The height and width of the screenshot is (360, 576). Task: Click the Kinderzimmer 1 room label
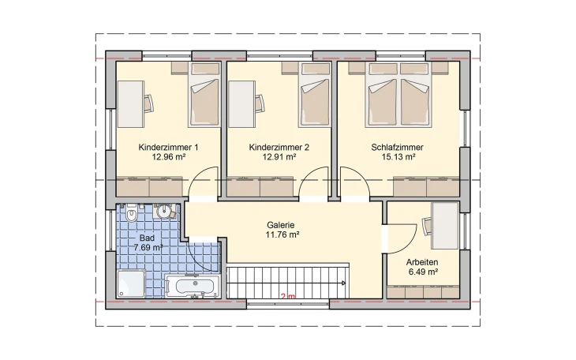pos(168,148)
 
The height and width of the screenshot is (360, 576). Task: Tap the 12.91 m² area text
pos(279,157)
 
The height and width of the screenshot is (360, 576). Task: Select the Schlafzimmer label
pos(397,148)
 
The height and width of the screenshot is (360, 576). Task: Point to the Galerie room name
pos(281,225)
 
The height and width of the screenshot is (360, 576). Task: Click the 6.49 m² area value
pos(423,272)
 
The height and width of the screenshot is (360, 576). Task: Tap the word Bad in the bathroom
pos(147,238)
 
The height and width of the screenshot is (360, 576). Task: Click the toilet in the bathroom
pos(131,213)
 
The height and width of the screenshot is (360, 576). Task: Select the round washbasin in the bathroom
pos(164,212)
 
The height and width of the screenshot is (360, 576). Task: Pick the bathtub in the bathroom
pos(193,286)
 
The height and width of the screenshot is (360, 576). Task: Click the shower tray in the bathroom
pos(131,283)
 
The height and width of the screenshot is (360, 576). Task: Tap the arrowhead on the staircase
pos(343,283)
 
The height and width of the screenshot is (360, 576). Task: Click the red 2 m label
pos(288,296)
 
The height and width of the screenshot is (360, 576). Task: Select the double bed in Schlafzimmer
pos(398,95)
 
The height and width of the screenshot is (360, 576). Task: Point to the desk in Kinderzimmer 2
pos(241,104)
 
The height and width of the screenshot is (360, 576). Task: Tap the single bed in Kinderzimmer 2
pos(314,95)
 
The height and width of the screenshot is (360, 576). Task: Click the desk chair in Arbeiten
pos(427,226)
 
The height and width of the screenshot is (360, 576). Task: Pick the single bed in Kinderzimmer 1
pos(204,95)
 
